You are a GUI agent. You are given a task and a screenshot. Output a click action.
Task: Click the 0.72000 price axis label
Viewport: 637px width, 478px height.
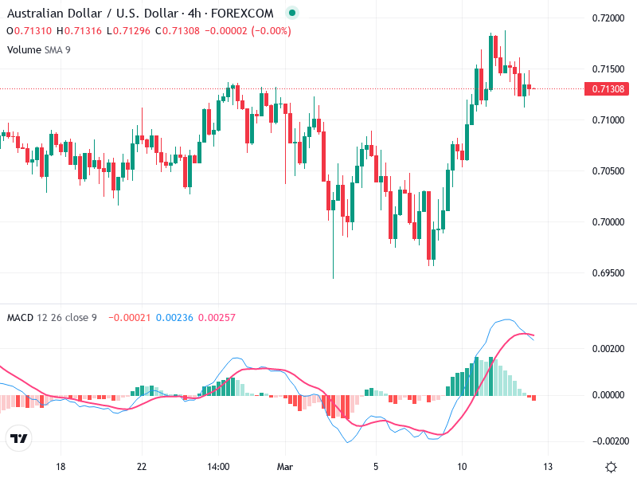click(609, 18)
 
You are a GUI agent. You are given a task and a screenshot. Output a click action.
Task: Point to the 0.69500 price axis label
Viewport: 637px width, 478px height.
click(609, 272)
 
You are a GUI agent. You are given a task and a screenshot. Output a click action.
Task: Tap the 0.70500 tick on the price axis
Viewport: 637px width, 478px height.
click(609, 170)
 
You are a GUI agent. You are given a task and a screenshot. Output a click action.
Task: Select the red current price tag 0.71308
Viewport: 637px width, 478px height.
click(609, 88)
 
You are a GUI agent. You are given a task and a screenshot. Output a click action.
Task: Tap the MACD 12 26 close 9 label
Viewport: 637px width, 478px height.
click(52, 318)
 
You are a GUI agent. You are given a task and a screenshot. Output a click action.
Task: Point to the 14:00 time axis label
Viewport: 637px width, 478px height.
click(218, 466)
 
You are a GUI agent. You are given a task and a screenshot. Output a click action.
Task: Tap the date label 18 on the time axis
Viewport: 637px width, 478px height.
click(60, 466)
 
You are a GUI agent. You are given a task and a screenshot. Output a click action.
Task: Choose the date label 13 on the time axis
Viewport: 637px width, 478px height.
click(547, 466)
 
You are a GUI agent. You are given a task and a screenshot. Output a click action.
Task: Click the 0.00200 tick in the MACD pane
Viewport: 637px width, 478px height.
click(609, 349)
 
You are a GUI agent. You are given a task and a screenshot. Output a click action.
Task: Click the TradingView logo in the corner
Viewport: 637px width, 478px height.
click(18, 439)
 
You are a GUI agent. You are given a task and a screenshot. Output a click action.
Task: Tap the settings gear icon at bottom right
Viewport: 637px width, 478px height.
click(611, 467)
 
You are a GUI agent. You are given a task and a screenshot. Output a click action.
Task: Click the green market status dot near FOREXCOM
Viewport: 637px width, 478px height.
click(291, 14)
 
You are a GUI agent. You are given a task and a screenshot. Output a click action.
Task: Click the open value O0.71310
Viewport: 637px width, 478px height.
click(29, 31)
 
